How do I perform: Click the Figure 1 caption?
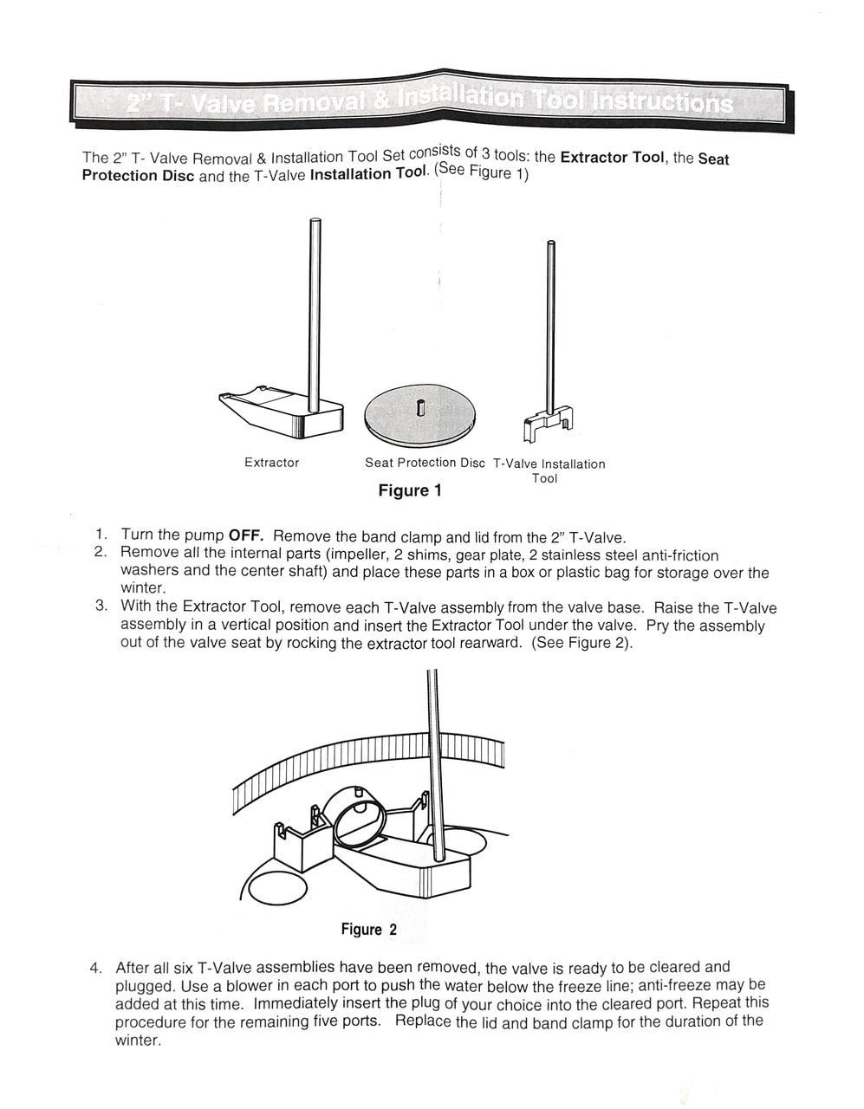coord(410,491)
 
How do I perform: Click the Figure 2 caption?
coord(368,930)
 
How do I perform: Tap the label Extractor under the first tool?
coord(271,463)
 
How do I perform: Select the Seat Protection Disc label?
coord(425,463)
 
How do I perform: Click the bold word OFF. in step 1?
coord(245,535)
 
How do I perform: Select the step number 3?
coord(101,606)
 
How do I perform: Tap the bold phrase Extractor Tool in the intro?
coord(612,158)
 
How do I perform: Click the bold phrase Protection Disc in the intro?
coord(132,175)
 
